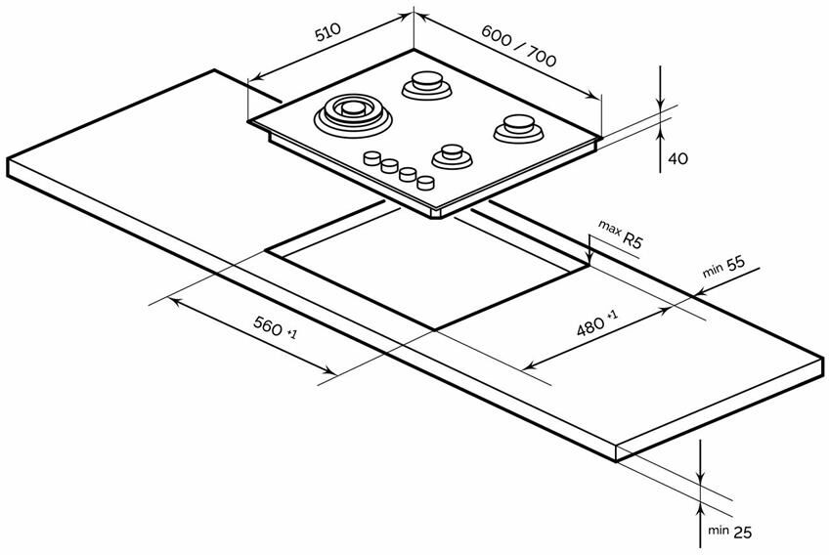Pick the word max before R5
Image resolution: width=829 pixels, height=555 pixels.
pos(610,229)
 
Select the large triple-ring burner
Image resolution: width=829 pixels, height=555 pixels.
pos(351,112)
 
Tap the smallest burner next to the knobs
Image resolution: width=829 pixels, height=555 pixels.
pos(451,155)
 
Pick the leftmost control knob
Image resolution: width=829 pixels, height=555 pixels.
pos(372,158)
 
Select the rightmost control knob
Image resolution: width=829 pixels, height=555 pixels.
pos(425,182)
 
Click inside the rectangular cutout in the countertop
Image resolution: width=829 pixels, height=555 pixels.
pos(430,274)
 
